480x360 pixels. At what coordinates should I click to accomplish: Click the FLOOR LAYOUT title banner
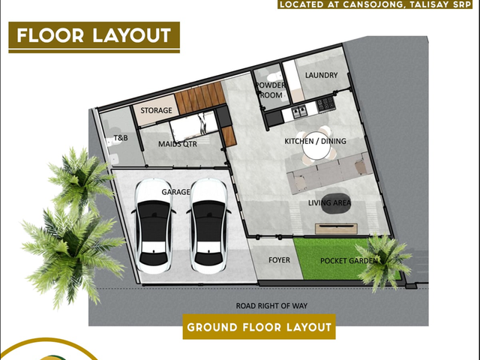click(x=94, y=37)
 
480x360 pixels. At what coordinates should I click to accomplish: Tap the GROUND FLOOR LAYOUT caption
click(x=259, y=327)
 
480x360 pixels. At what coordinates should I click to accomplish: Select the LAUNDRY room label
click(x=321, y=75)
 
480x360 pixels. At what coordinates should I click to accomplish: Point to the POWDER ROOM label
click(x=270, y=90)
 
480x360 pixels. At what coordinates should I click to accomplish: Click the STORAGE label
click(x=156, y=110)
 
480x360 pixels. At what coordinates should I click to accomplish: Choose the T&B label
click(x=121, y=138)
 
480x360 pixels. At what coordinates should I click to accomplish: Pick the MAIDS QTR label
click(x=178, y=144)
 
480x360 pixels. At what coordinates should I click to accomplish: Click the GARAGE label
click(x=175, y=192)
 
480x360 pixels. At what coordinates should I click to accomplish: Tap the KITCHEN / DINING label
click(x=315, y=141)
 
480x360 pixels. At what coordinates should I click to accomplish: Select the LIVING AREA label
click(x=329, y=202)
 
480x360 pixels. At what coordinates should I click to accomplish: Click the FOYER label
click(x=279, y=260)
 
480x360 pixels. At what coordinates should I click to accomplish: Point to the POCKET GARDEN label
click(x=349, y=261)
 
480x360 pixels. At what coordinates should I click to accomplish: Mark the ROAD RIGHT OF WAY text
click(x=271, y=305)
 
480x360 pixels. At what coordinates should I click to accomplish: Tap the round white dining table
click(x=316, y=147)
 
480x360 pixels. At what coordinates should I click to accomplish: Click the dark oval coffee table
click(x=336, y=203)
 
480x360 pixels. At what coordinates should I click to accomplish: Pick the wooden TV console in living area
click(x=337, y=229)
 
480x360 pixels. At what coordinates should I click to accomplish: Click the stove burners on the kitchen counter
click(x=325, y=103)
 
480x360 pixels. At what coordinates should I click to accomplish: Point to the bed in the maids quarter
click(x=193, y=125)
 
